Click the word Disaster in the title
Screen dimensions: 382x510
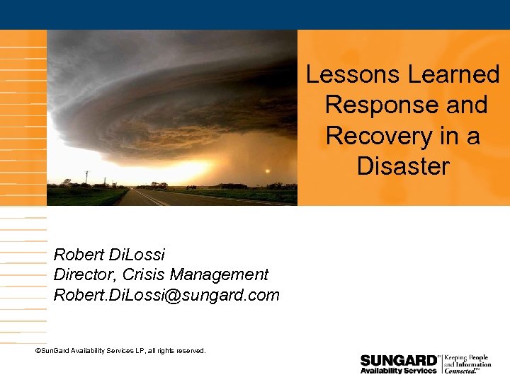(403, 166)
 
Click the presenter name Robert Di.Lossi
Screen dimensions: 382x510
(109, 254)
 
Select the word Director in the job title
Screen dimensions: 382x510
(83, 274)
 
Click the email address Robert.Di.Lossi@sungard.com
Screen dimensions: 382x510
(166, 295)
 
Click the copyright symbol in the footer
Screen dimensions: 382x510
(38, 351)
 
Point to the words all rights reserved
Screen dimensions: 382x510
(178, 351)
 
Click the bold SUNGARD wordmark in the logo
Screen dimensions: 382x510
(398, 360)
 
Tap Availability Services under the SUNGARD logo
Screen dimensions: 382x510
(398, 371)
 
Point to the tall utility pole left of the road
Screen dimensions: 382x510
(86, 178)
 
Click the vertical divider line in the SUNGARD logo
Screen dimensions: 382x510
(442, 363)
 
